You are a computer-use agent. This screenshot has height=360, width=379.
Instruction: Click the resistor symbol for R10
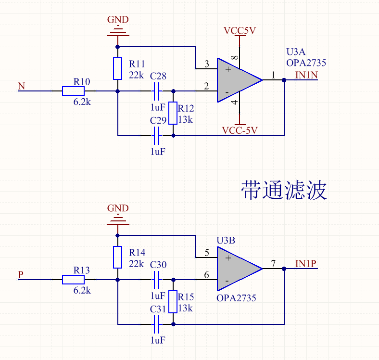[x=73, y=90]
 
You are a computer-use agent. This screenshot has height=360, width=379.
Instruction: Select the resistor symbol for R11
[x=118, y=68]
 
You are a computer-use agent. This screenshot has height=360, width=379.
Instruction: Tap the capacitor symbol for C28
[x=156, y=90]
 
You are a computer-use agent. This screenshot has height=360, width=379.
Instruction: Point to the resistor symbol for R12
[x=173, y=113]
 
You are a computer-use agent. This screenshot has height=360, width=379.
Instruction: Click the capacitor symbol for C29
[x=156, y=136]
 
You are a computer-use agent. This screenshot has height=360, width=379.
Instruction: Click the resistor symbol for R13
[x=73, y=279]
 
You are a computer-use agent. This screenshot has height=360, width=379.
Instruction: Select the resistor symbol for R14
[x=118, y=257]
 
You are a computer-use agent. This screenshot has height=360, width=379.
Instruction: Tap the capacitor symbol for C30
[x=156, y=279]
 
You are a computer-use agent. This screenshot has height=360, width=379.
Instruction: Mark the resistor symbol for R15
[x=173, y=302]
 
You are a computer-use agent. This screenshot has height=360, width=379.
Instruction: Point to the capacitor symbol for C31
[x=156, y=324]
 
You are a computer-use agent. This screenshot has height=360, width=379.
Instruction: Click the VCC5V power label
[x=240, y=31]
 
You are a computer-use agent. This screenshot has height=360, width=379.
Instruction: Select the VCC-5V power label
[x=240, y=130]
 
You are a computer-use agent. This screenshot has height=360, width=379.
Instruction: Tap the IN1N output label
[x=306, y=75]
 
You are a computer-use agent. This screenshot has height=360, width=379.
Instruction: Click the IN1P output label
[x=306, y=263]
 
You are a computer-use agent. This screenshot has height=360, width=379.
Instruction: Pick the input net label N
[x=21, y=86]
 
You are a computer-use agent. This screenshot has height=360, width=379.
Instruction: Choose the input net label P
[x=21, y=275]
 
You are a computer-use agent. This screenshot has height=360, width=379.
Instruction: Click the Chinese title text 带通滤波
[x=284, y=191]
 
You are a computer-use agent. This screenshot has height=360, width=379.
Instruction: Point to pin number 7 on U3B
[x=273, y=263]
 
